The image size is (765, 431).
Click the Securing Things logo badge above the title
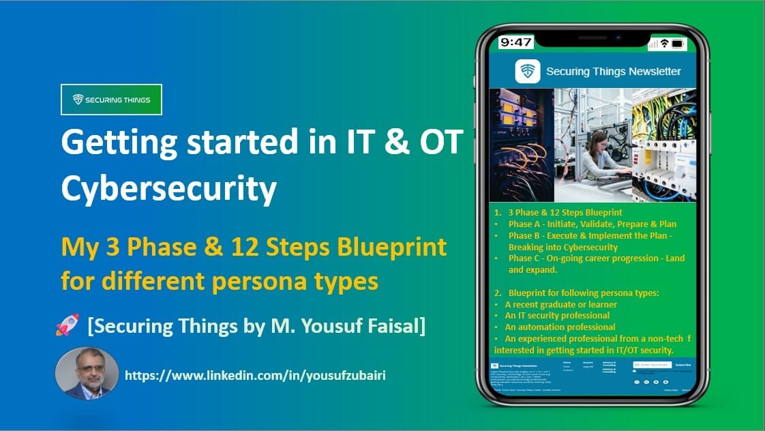(x=111, y=100)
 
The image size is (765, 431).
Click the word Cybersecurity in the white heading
(x=168, y=188)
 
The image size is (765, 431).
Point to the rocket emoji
(x=67, y=326)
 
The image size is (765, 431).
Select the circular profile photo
(x=87, y=373)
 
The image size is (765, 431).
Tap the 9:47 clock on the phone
(x=516, y=42)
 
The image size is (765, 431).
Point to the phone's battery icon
(x=677, y=44)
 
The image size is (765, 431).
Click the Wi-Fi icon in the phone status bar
(x=664, y=44)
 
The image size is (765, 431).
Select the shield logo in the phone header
(x=528, y=72)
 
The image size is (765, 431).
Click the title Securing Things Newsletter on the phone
(x=613, y=71)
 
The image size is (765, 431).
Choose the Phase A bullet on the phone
(x=592, y=224)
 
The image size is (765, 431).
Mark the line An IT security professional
(x=557, y=316)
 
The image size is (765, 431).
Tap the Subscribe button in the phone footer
(x=682, y=366)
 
